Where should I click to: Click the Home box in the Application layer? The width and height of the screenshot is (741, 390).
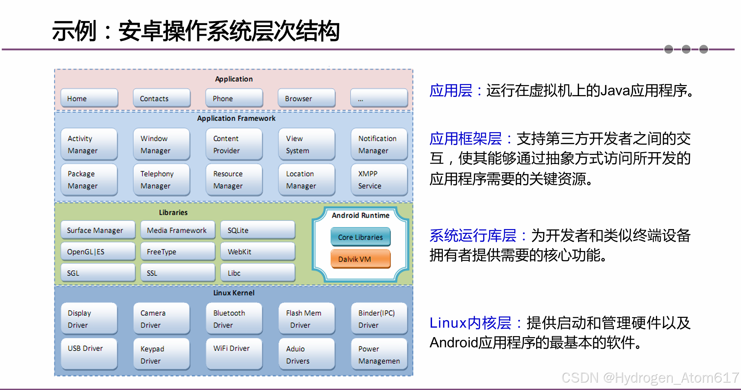click(89, 98)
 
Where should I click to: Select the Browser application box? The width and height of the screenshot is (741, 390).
click(306, 98)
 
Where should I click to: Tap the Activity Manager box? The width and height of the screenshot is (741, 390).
click(89, 144)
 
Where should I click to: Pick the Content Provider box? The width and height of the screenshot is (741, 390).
click(234, 144)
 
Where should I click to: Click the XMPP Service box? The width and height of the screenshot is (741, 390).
click(379, 180)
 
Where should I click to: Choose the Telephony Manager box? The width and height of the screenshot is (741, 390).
click(162, 180)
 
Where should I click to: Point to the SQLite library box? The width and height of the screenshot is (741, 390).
click(258, 230)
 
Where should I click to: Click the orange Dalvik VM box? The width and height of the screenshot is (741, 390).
click(360, 259)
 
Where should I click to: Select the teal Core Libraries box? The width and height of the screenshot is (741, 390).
click(360, 237)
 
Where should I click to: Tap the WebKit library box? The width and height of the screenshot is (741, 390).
click(258, 252)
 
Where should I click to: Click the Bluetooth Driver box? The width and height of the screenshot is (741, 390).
click(234, 319)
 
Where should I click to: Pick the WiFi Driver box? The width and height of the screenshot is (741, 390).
click(234, 354)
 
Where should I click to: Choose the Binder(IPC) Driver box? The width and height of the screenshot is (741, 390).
click(379, 319)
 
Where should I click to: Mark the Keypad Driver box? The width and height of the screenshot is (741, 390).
click(162, 354)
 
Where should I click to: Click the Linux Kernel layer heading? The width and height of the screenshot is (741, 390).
click(234, 293)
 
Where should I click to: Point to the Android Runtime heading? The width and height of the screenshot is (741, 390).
click(361, 215)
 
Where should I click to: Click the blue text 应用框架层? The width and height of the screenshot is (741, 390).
click(465, 139)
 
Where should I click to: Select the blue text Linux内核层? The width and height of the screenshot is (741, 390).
click(470, 323)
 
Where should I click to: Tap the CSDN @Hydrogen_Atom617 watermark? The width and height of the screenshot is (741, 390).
click(650, 377)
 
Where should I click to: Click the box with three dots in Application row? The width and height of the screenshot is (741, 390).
click(379, 98)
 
